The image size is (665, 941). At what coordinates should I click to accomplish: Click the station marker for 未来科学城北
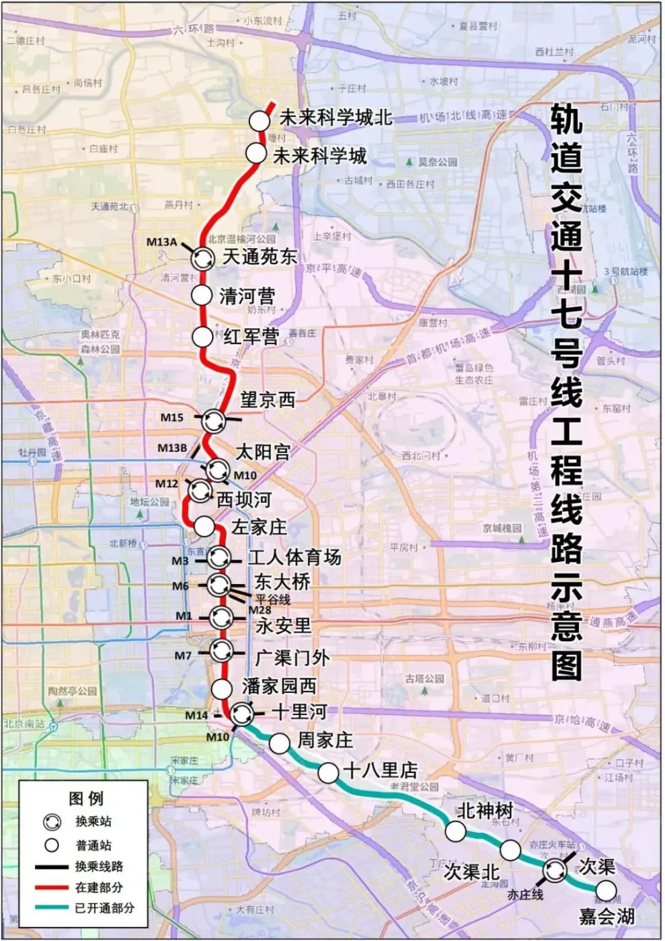[x=260, y=121]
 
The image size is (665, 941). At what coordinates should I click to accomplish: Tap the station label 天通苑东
[x=260, y=256]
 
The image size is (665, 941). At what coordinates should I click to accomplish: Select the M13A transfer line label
[x=161, y=242]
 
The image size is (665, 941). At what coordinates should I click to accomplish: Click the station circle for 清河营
[x=202, y=294]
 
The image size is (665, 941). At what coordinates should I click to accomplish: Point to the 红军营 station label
[x=251, y=336]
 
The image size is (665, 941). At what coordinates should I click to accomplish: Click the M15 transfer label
[x=171, y=417]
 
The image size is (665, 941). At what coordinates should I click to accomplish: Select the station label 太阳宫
[x=262, y=452]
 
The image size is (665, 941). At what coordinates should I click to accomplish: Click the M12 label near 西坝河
[x=167, y=483]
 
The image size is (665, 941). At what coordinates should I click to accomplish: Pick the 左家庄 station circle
[x=204, y=526]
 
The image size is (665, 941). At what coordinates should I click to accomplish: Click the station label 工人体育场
[x=295, y=557]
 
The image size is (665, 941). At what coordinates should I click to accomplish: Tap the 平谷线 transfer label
[x=272, y=599]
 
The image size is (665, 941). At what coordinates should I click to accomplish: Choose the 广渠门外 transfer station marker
[x=221, y=651]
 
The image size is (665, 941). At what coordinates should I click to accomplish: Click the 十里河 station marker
[x=241, y=714]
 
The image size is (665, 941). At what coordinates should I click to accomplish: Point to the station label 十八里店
[x=380, y=770]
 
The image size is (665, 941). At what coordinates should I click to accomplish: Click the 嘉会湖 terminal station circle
[x=606, y=891]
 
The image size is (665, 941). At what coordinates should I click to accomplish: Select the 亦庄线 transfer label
[x=525, y=895]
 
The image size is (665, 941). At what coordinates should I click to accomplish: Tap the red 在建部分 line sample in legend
[x=52, y=887]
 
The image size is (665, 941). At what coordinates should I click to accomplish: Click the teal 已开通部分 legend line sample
[x=52, y=907]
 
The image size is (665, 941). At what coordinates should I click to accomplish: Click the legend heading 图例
[x=86, y=799]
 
